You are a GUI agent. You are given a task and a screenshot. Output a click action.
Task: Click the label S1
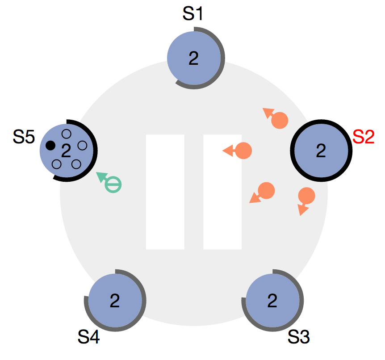coord(193,13)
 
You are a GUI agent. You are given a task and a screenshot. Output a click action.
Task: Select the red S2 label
coord(363,137)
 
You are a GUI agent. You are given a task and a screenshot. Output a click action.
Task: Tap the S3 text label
coord(299,337)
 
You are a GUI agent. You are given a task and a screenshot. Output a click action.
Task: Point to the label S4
coord(88,337)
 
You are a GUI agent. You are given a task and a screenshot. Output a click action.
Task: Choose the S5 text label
coord(24,138)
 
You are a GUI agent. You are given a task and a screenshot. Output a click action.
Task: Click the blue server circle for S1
coord(194,58)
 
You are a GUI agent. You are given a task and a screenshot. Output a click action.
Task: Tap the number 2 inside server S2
coord(321,151)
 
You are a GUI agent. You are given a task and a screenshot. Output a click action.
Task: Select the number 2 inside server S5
coord(66,151)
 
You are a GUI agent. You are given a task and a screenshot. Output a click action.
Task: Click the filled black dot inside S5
coord(50,145)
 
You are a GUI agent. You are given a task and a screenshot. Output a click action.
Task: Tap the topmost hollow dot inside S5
coord(66,133)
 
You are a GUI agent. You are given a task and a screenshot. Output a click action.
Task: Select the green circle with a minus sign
coord(113,184)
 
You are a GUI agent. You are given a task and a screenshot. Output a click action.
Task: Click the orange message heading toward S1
coord(280,121)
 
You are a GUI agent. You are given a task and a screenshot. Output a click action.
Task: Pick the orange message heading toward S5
coord(243,151)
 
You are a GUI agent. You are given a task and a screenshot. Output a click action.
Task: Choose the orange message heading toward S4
coord(266,190)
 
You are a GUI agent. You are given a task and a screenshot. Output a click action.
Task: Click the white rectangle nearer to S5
coord(165,192)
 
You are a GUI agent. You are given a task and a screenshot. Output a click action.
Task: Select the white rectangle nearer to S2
coord(222,192)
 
